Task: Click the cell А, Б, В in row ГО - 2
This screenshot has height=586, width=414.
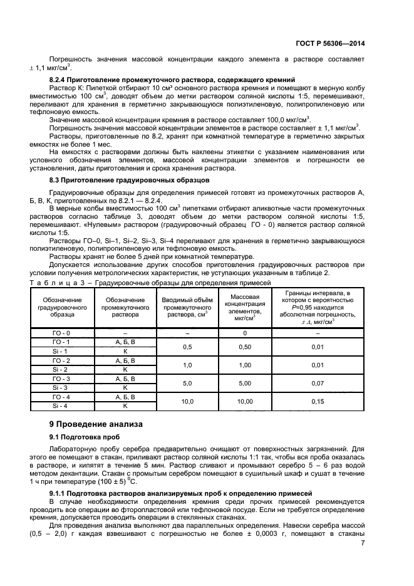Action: tap(125, 360)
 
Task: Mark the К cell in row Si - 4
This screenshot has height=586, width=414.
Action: tap(125, 405)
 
